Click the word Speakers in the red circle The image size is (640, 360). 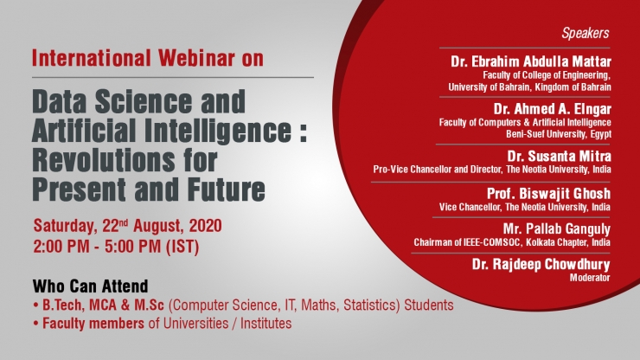click(586, 33)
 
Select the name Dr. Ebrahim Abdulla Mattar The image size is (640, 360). click(531, 61)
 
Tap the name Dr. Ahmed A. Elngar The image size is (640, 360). click(553, 109)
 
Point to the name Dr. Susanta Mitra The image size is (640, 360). click(560, 156)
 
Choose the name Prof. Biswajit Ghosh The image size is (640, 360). click(548, 193)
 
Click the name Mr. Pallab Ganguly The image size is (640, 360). click(557, 228)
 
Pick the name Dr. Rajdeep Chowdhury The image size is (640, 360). click(541, 265)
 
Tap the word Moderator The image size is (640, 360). click(590, 278)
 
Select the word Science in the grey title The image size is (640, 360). click(144, 102)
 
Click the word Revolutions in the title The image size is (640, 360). click(103, 160)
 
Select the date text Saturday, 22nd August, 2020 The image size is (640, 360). click(128, 226)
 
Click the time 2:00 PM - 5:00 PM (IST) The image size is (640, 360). click(117, 247)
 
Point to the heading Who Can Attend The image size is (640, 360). click(90, 286)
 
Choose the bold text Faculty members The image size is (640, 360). click(93, 324)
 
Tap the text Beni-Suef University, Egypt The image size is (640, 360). click(559, 134)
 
